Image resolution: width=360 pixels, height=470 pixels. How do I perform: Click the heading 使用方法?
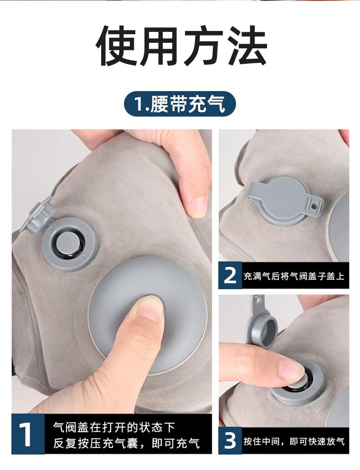tap(181, 45)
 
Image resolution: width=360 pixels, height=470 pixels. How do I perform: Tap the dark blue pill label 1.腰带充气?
tap(180, 104)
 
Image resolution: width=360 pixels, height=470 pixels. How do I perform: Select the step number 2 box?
tap(230, 275)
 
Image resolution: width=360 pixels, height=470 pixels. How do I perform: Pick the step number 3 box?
tap(230, 440)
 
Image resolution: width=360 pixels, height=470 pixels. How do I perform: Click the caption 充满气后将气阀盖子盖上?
tap(294, 276)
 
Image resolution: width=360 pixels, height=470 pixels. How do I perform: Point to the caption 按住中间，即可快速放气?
tap(294, 441)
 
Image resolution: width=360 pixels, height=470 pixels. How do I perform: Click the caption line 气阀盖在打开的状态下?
tap(114, 426)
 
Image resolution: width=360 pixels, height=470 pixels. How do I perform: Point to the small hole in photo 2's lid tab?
tap(314, 206)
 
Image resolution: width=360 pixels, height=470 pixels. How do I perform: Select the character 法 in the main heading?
tap(246, 45)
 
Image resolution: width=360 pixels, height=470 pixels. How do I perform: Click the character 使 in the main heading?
tap(117, 46)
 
